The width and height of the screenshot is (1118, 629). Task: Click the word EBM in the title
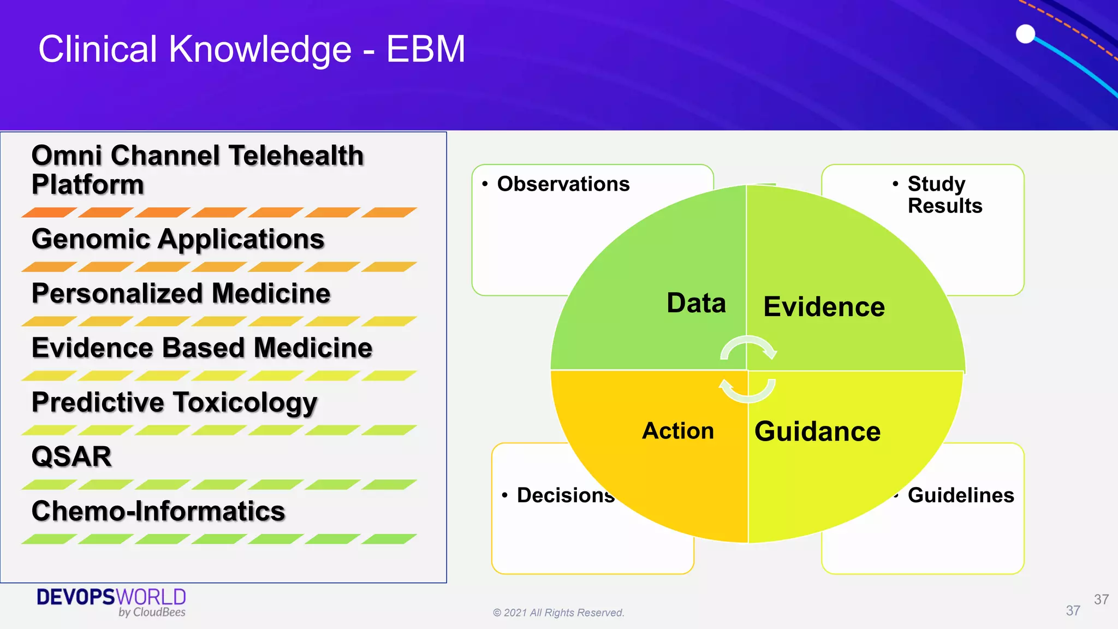[x=426, y=50]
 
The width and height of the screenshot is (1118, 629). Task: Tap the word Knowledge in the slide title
[x=260, y=50]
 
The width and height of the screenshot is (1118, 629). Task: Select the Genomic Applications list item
[x=178, y=239]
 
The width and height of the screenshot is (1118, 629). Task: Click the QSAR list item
[x=72, y=456]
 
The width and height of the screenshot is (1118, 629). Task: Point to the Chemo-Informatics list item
[x=158, y=511]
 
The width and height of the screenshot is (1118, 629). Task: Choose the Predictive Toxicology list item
[x=174, y=402]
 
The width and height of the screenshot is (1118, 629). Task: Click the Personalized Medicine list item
[x=181, y=294]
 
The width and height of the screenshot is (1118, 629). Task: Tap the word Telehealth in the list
[x=296, y=156]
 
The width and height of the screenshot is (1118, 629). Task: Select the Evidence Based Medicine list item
[x=202, y=348]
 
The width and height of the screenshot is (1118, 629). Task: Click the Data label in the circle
[x=696, y=303]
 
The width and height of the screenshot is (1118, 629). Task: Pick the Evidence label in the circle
[x=824, y=307]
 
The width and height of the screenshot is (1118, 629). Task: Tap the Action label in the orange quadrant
[x=677, y=431]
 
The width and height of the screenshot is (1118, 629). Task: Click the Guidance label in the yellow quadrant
[x=817, y=431]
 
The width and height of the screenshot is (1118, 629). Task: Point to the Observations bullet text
[x=563, y=184]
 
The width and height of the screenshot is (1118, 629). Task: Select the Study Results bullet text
[x=944, y=195]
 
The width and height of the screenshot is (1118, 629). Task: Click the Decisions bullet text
[x=565, y=495]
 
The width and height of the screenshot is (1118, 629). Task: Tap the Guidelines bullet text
[x=960, y=495]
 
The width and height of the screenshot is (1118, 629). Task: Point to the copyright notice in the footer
[x=558, y=613]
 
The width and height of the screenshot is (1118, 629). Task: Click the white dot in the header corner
[x=1025, y=34]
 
